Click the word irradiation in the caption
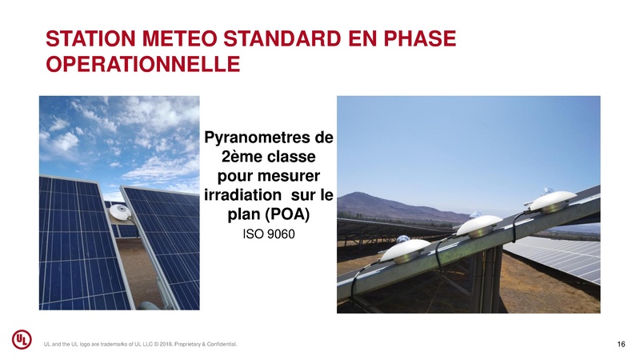pyautogui.click(x=238, y=196)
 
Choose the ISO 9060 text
pyautogui.click(x=268, y=238)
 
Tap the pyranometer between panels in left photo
pyautogui.click(x=122, y=213)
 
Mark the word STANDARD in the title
pyautogui.click(x=297, y=38)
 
